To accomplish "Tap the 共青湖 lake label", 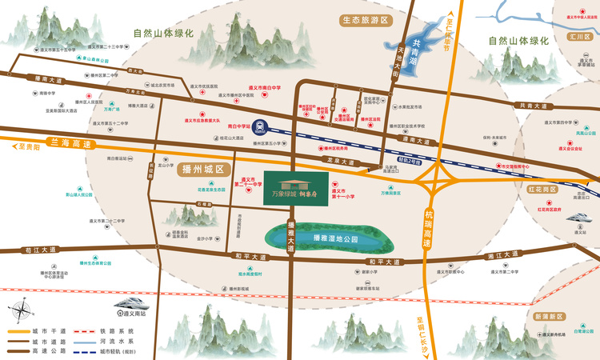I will [x=413, y=52].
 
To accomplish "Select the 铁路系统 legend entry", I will [x=110, y=330].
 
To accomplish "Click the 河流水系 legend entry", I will [x=110, y=340].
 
